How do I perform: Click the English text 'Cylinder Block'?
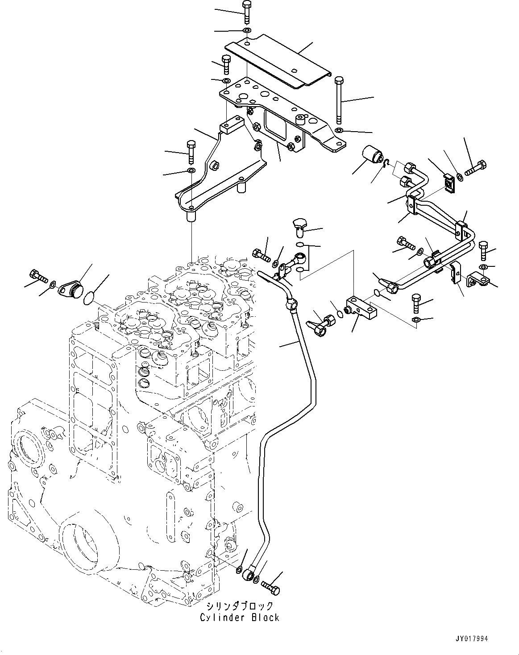click(240, 618)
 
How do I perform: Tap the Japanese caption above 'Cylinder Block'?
click(240, 606)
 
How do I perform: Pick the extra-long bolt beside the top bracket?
click(339, 100)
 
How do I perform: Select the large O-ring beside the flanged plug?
click(91, 298)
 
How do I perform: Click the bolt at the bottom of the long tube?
click(270, 587)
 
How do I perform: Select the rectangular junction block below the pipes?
click(361, 308)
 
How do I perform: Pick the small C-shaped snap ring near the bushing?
click(386, 166)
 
